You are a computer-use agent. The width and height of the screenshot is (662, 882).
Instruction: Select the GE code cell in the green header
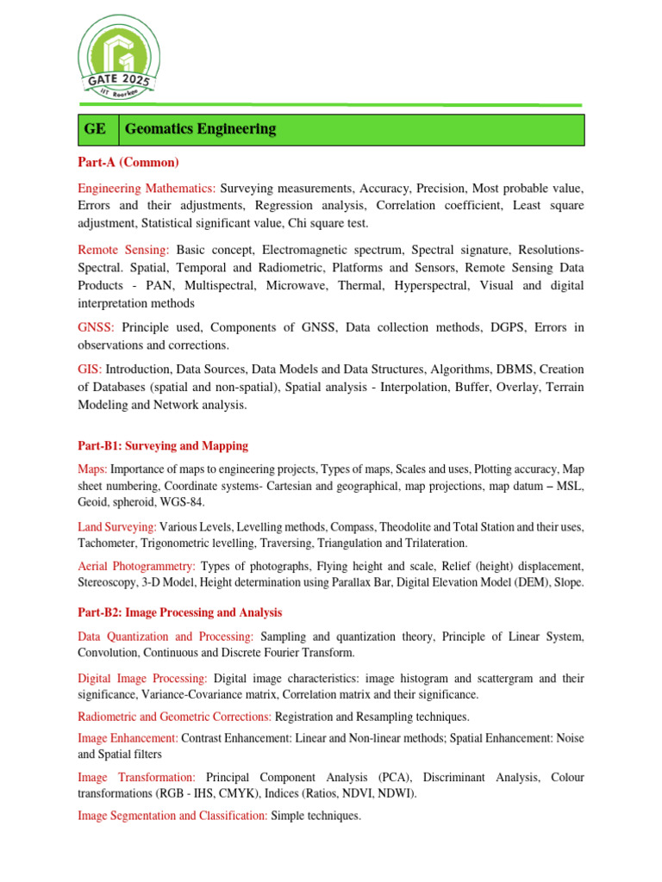(95, 129)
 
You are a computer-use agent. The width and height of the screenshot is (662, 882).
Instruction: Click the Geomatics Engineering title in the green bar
(200, 129)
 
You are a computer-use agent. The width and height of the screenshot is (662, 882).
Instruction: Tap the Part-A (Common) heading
(128, 162)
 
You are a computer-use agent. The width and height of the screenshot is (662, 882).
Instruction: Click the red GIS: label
(90, 369)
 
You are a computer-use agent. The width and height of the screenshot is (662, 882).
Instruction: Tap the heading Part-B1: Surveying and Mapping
(163, 446)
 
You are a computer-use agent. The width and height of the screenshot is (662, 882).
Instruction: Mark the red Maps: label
(92, 469)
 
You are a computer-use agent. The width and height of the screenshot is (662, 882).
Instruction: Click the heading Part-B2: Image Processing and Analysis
(180, 612)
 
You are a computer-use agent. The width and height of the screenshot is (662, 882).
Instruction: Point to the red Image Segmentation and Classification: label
(172, 815)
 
